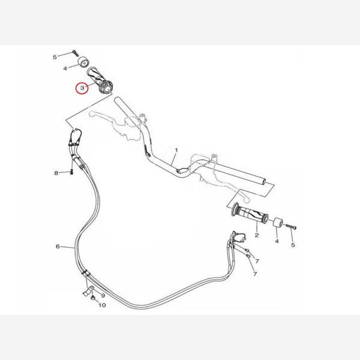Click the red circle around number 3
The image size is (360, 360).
click(77, 88)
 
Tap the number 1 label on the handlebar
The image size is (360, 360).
click(176, 150)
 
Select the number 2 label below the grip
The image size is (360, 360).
click(257, 235)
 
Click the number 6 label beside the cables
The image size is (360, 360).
click(58, 247)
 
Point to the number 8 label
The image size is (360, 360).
click(56, 173)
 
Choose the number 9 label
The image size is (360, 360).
click(103, 295)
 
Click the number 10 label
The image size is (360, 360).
click(102, 305)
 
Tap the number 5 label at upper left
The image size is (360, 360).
click(55, 57)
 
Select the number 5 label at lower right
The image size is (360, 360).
click(293, 245)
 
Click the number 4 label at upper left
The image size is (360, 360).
click(65, 68)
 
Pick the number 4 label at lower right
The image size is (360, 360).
click(277, 241)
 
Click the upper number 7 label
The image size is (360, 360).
click(257, 261)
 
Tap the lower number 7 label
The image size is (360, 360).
click(255, 274)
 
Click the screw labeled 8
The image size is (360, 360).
click(72, 172)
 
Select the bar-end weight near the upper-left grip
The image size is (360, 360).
click(83, 62)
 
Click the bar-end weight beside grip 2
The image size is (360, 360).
click(278, 223)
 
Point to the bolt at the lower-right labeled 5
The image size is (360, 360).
click(291, 227)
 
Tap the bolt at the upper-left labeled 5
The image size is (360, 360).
click(76, 53)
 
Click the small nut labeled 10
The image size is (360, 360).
click(93, 298)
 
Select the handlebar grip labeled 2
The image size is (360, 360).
click(250, 213)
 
